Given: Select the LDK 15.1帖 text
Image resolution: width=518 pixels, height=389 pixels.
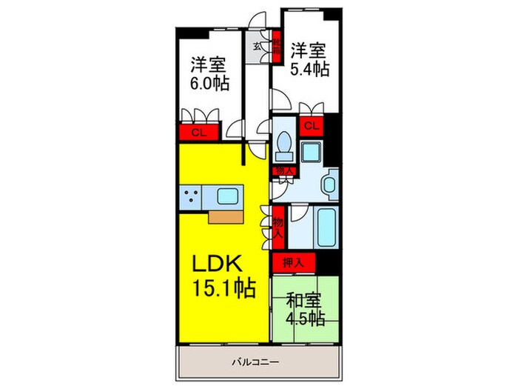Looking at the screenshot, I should (x=224, y=276).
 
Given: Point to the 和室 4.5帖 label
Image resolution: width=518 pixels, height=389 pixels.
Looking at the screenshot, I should (x=305, y=309).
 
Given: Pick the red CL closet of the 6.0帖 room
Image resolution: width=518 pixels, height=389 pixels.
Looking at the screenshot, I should (x=197, y=133).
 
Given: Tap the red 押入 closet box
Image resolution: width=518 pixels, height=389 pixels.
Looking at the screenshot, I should (x=293, y=262).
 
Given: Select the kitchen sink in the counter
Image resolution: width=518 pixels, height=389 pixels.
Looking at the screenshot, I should (x=228, y=198).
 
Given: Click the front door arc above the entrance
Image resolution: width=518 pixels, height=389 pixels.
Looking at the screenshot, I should (x=258, y=22).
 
